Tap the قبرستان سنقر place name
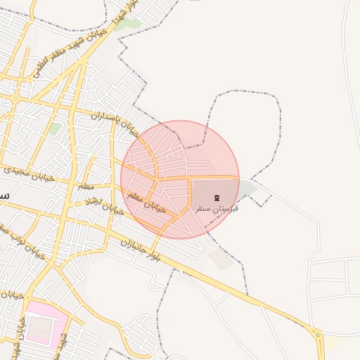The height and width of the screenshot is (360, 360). [x=215, y=209]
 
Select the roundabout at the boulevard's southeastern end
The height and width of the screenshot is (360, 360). [x=319, y=336]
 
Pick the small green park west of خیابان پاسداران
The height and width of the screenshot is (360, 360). [x=55, y=129]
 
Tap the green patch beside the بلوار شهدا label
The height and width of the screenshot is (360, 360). [x=129, y=24]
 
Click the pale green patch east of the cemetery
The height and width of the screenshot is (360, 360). [x=247, y=189]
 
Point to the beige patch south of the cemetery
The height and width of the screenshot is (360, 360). [x=222, y=259]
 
